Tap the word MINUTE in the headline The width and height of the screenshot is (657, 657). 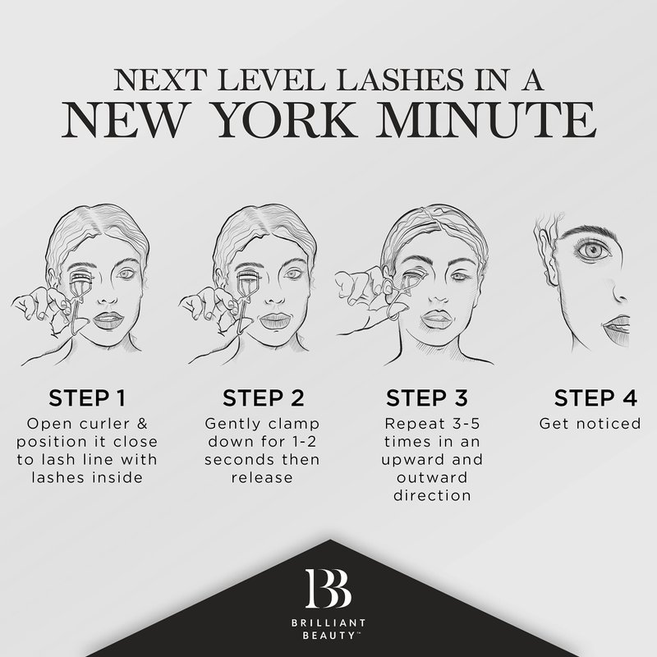pyautogui.click(x=486, y=119)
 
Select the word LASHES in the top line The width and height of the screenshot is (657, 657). pyautogui.click(x=400, y=80)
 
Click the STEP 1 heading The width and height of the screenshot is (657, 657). pyautogui.click(x=87, y=397)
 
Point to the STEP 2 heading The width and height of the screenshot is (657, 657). pyautogui.click(x=263, y=397)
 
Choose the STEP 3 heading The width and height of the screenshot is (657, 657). pyautogui.click(x=426, y=397)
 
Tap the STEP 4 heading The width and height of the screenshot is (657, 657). pyautogui.click(x=595, y=397)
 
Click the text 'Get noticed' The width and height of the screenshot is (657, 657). pyautogui.click(x=590, y=424)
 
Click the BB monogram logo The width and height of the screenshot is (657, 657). pyautogui.click(x=328, y=588)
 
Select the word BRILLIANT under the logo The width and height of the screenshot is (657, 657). pyautogui.click(x=328, y=623)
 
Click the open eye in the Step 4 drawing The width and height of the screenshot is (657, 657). pyautogui.click(x=593, y=251)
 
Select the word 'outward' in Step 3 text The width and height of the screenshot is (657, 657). pyautogui.click(x=432, y=478)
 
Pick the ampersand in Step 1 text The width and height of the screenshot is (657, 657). pyautogui.click(x=142, y=424)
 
